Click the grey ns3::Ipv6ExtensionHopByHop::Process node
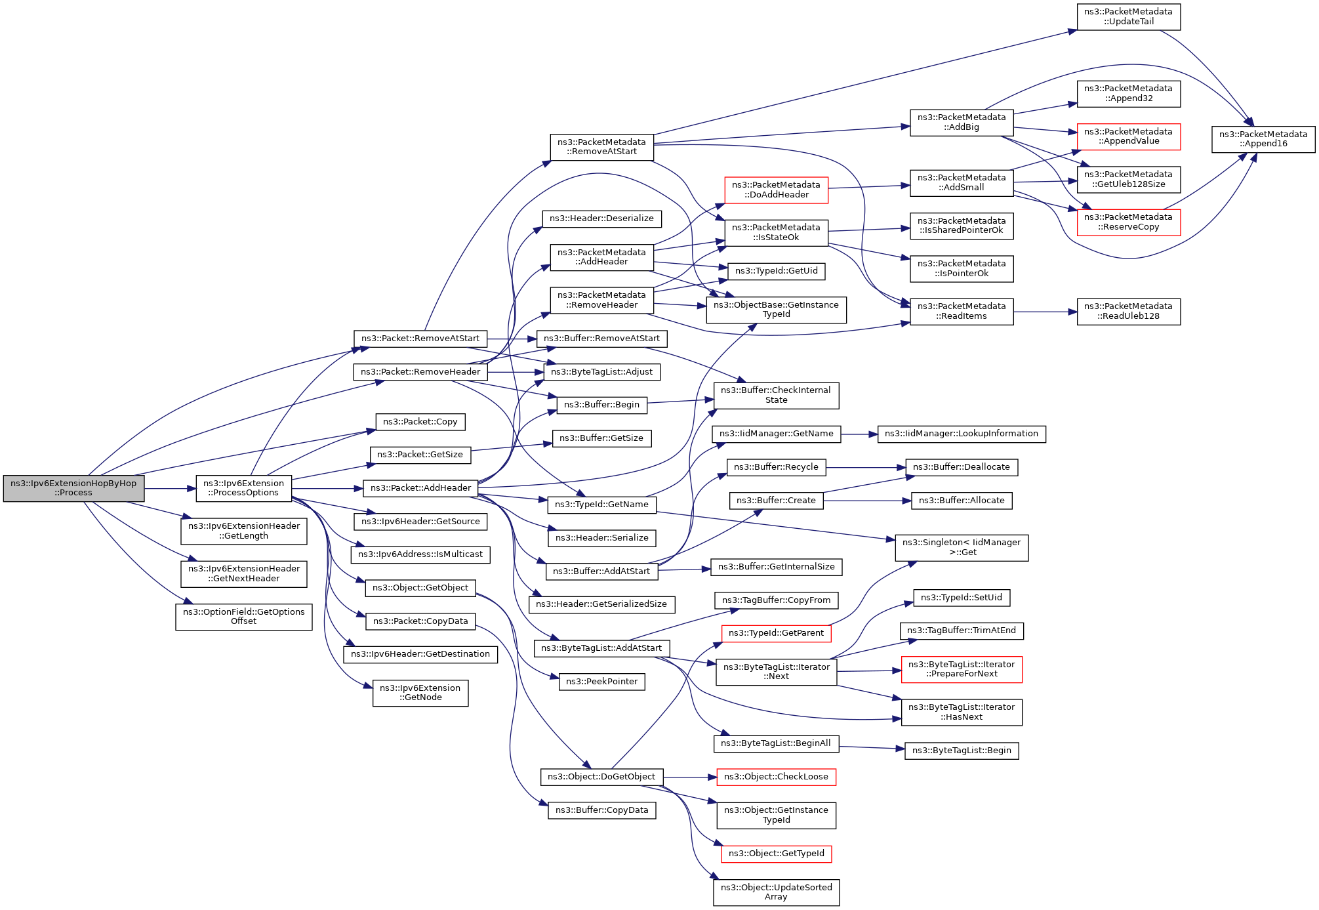[73, 488]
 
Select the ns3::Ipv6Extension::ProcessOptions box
[243, 488]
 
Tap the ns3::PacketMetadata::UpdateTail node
[1128, 16]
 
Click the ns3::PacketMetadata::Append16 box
[1263, 139]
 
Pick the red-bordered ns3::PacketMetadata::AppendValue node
[1128, 136]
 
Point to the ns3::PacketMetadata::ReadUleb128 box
[1128, 312]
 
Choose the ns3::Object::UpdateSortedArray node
[776, 892]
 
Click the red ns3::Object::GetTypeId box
[776, 854]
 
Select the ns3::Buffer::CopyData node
[601, 810]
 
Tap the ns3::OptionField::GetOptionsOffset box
[243, 617]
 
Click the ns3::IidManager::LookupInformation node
[961, 434]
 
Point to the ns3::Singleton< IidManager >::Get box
[961, 547]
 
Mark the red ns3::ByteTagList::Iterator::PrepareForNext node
[961, 669]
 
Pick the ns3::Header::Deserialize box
[601, 218]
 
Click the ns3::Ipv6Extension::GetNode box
[420, 693]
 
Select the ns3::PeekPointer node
[601, 682]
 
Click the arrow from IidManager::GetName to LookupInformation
[859, 434]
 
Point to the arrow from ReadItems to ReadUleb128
[1045, 312]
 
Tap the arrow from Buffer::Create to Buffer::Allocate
[867, 501]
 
